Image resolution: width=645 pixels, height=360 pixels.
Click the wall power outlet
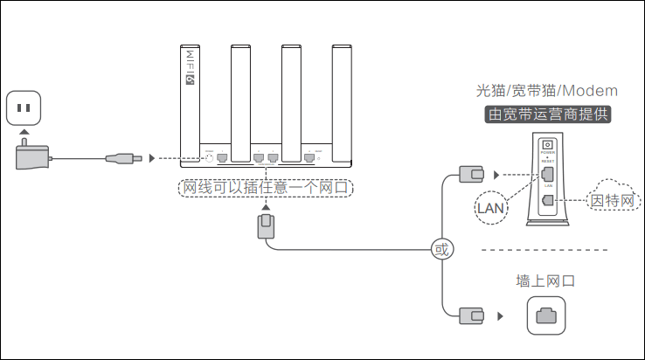tap(25, 109)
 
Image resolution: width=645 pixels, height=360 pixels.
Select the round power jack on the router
tap(209, 157)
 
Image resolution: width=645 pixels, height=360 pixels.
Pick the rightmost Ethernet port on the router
tap(309, 157)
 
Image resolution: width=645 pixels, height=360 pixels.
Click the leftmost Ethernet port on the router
tap(222, 157)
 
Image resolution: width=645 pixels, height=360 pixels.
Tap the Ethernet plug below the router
tap(267, 226)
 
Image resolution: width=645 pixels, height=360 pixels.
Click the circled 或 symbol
tap(441, 250)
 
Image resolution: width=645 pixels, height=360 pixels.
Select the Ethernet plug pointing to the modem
tap(472, 175)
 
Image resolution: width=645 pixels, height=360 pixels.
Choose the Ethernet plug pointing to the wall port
tap(472, 314)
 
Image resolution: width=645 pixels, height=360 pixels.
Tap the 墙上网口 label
tap(546, 281)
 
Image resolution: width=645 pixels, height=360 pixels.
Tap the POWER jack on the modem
tap(548, 145)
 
